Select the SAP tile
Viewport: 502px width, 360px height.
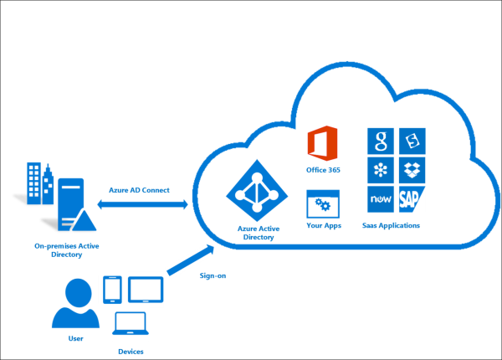click(x=412, y=198)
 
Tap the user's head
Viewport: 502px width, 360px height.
click(x=78, y=293)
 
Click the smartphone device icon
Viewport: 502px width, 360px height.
click(x=112, y=290)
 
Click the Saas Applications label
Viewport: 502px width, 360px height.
click(x=391, y=225)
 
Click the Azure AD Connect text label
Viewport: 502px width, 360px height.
click(x=140, y=190)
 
